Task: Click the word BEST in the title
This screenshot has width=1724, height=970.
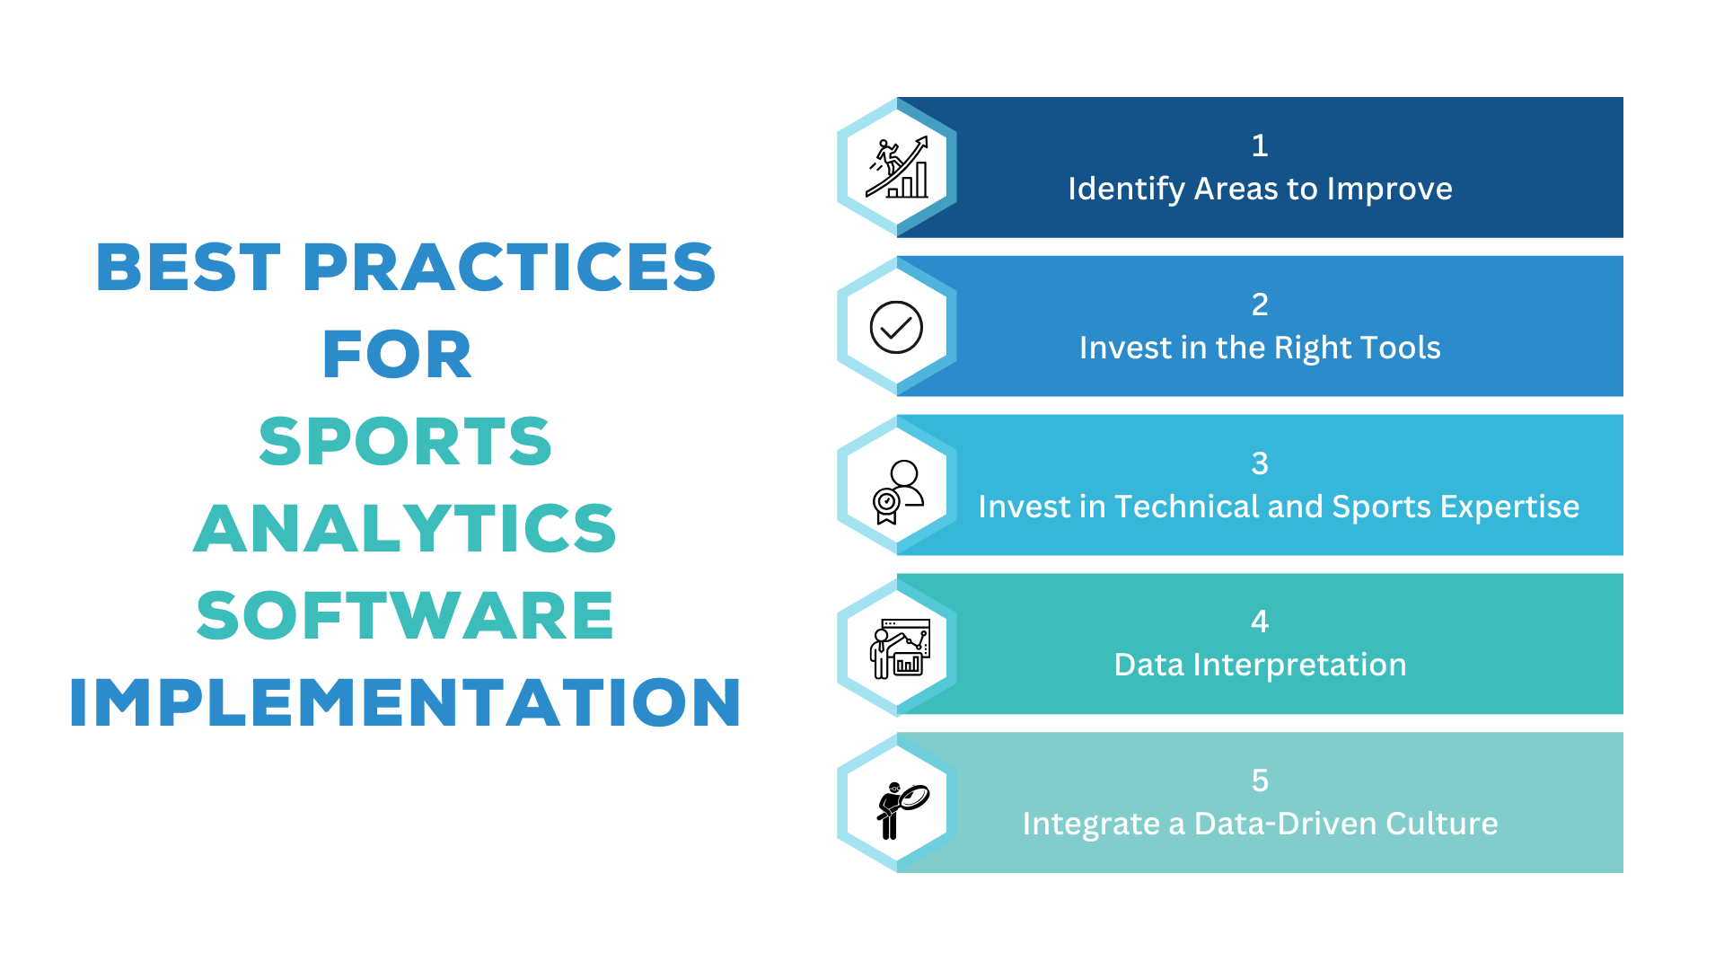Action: pyautogui.click(x=189, y=268)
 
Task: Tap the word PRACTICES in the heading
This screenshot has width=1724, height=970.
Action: pyautogui.click(x=509, y=268)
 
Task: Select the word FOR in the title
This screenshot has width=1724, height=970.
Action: pyautogui.click(x=397, y=355)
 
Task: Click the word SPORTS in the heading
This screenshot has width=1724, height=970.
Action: pyautogui.click(x=405, y=442)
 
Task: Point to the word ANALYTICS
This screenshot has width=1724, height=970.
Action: pyautogui.click(x=405, y=529)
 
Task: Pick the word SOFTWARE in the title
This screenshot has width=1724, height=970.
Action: pyautogui.click(x=405, y=616)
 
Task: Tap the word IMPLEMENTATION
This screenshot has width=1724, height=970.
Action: pyautogui.click(x=405, y=702)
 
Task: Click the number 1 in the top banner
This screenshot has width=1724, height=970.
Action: pyautogui.click(x=1260, y=145)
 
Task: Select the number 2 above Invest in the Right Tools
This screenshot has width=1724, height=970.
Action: pyautogui.click(x=1260, y=304)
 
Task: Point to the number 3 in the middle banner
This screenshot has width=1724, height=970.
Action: pyautogui.click(x=1260, y=463)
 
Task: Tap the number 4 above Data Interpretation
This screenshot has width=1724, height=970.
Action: pyautogui.click(x=1260, y=622)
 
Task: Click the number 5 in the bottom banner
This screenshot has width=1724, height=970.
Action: pyautogui.click(x=1260, y=780)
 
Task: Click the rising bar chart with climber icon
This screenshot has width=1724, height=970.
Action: pyautogui.click(x=897, y=168)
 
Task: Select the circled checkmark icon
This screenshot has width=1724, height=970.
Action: pyautogui.click(x=896, y=327)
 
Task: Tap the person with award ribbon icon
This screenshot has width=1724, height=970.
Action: pyautogui.click(x=897, y=491)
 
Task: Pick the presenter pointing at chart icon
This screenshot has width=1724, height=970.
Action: pyautogui.click(x=899, y=648)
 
